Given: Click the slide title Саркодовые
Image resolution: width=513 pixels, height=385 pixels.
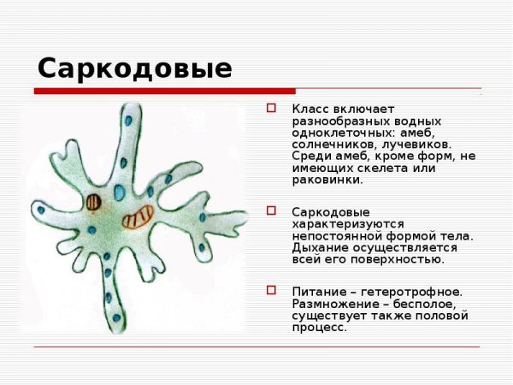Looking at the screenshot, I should (x=134, y=68).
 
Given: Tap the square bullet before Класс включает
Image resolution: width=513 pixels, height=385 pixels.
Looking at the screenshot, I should (x=272, y=109).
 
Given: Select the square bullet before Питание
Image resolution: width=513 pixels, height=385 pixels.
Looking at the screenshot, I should (x=272, y=290).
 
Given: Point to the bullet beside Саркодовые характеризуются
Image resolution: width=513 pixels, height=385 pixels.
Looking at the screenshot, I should (x=272, y=210).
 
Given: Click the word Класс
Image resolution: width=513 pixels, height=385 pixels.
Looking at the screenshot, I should (x=309, y=110).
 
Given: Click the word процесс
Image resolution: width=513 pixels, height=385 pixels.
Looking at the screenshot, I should (x=319, y=327).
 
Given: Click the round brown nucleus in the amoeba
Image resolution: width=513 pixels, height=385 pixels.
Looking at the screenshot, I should (x=93, y=204).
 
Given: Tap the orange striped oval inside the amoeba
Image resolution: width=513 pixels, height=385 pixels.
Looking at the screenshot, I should (x=137, y=218).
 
